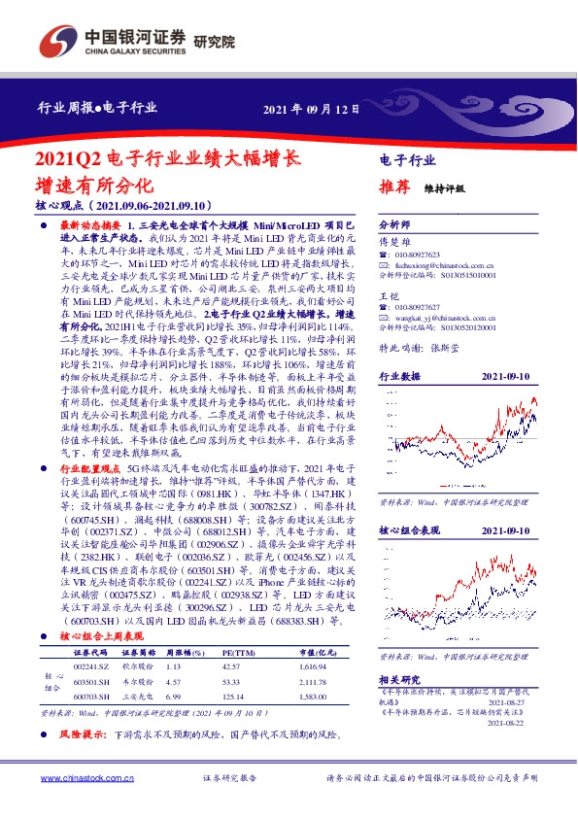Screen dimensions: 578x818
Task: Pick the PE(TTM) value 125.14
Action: [231, 696]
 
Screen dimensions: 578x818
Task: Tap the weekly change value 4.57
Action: [174, 681]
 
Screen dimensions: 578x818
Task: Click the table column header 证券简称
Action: [128, 653]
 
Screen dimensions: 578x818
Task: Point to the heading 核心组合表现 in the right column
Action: [409, 530]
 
